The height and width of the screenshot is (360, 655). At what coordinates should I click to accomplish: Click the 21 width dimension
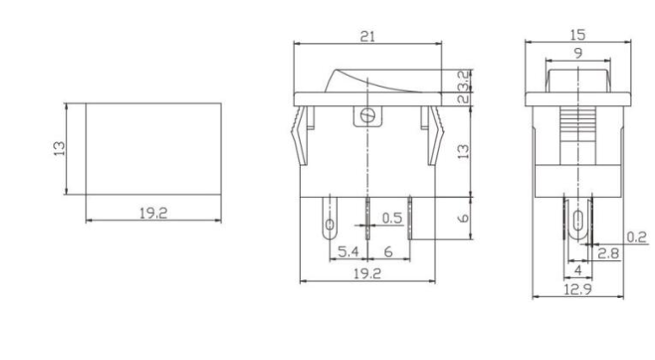[368, 36]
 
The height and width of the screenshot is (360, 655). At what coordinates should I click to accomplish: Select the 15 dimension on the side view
[577, 36]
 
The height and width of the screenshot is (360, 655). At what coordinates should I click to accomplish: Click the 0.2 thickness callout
[637, 238]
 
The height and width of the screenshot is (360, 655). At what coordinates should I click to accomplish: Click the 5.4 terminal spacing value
[347, 251]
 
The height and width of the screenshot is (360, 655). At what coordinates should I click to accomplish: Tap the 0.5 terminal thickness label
[392, 219]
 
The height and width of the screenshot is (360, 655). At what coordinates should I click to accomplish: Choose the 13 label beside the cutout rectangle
[57, 148]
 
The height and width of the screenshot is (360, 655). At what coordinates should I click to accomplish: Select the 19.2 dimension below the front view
[368, 274]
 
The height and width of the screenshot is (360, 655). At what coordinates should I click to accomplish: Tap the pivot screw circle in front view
[368, 115]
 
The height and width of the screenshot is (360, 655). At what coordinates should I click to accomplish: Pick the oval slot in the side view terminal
[577, 220]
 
